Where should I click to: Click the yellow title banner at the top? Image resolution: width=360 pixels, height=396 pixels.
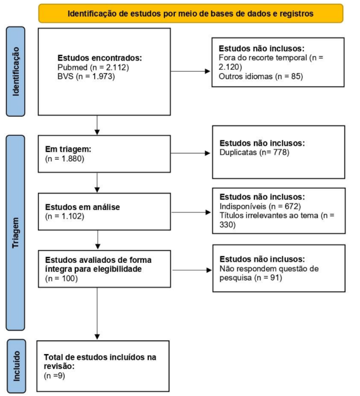191,13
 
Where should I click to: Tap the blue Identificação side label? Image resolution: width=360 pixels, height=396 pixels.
15,71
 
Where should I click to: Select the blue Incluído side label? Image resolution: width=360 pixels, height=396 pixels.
16,366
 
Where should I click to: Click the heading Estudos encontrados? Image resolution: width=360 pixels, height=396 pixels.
99,58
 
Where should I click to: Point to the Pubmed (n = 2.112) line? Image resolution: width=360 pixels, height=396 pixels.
93,68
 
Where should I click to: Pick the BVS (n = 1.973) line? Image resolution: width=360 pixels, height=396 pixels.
86,76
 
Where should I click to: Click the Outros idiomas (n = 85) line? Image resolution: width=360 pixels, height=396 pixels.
261,76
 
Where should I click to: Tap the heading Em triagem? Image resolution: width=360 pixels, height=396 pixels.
68,149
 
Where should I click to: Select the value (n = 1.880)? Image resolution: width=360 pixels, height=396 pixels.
65,158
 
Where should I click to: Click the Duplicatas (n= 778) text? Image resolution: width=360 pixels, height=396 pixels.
254,152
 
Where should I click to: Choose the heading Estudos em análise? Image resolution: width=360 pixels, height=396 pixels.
82,207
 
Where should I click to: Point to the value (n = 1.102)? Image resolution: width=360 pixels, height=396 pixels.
65,217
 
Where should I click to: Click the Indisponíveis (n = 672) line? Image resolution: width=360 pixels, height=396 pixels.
261,206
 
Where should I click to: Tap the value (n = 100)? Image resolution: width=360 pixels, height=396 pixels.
62,278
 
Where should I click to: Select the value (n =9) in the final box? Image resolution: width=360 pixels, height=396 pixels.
54,376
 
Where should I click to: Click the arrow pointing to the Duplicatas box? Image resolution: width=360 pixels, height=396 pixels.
191,153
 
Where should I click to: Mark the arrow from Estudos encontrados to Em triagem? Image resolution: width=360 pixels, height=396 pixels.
97,125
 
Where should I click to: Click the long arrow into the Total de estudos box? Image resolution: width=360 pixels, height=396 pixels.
97,313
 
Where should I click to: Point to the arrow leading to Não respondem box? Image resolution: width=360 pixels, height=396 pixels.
192,270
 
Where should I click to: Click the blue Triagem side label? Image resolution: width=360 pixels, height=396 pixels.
15,233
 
